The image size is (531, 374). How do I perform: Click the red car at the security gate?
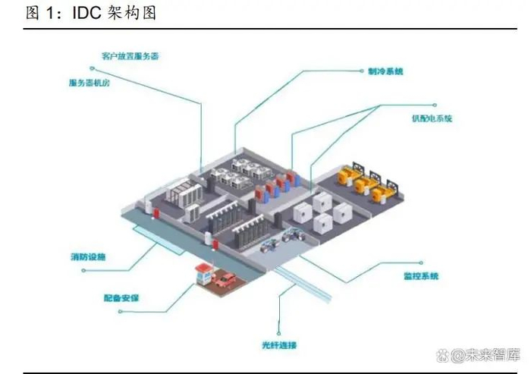tap(223, 281)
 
